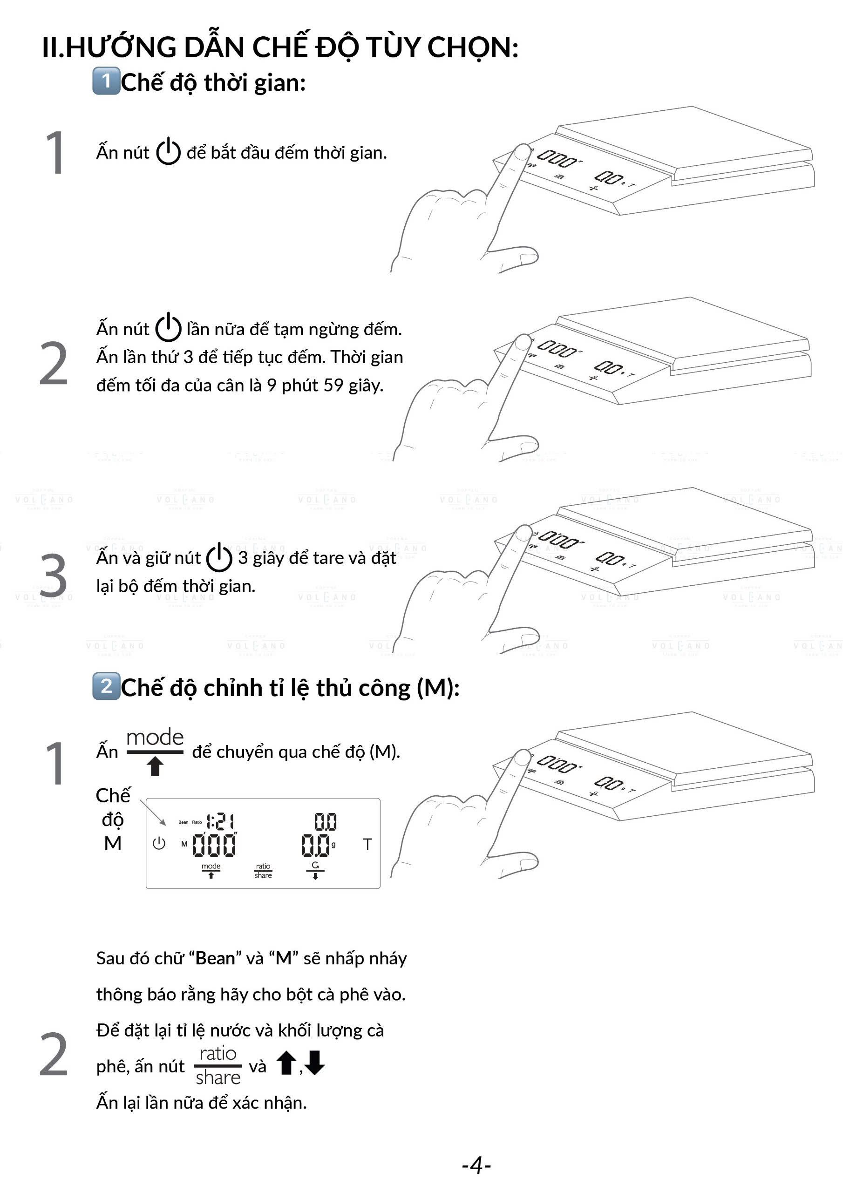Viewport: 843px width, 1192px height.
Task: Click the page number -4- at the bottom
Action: click(476, 1165)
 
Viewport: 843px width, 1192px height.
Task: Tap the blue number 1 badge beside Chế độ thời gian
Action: click(107, 81)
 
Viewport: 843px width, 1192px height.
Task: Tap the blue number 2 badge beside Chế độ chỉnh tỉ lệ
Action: click(107, 686)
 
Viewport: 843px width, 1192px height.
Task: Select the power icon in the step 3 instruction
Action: click(219, 557)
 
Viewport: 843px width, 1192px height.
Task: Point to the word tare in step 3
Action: click(327, 558)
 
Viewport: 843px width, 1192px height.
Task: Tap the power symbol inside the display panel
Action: click(159, 843)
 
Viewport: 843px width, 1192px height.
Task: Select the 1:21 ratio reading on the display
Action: click(220, 821)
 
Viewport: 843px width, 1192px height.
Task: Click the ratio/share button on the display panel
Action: click(263, 871)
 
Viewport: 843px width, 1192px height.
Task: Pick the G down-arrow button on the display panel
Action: click(315, 871)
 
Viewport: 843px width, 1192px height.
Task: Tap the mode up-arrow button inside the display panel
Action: click(211, 870)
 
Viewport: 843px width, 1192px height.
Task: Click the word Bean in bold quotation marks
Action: click(215, 958)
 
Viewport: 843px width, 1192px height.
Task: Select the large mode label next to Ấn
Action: click(155, 738)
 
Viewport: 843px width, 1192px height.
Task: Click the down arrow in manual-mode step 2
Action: click(315, 1062)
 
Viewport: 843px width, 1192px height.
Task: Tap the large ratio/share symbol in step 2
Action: click(218, 1065)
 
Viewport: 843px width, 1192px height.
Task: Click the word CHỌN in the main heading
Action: click(473, 48)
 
